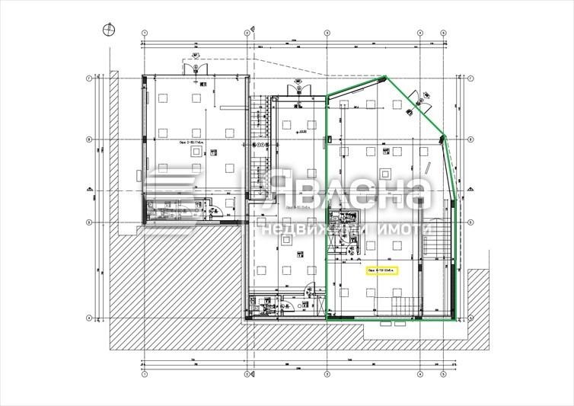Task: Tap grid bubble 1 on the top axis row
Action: (144, 33)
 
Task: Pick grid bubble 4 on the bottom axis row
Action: (419, 374)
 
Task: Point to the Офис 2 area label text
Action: (181, 141)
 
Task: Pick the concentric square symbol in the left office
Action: (196, 151)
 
